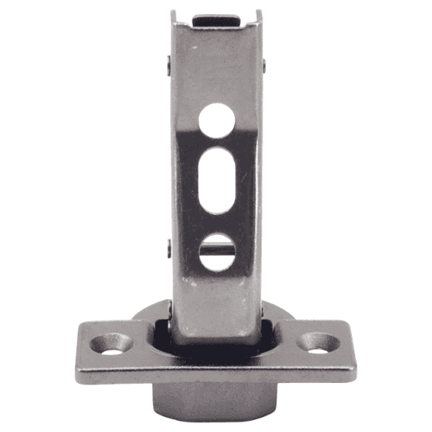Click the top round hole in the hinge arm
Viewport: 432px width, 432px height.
click(215, 119)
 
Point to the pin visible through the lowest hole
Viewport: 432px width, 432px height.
click(216, 251)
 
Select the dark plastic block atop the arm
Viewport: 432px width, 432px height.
click(216, 18)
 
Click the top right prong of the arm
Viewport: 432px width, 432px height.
click(259, 15)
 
